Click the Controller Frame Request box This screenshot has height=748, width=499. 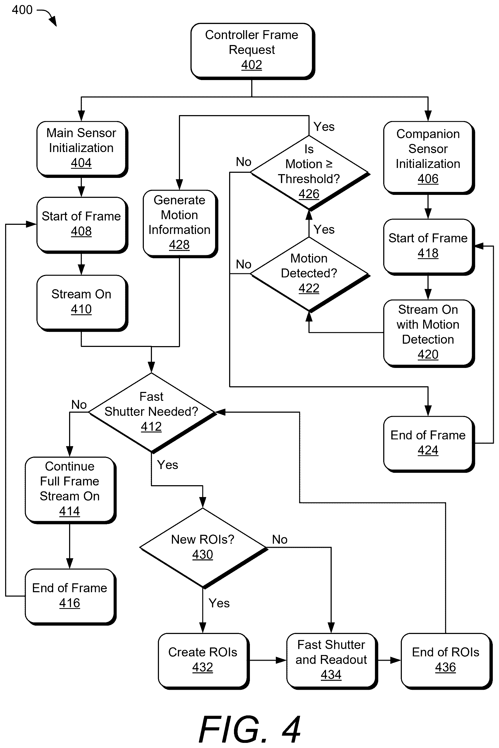pyautogui.click(x=253, y=51)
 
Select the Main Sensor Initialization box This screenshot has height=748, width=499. pyautogui.click(x=82, y=149)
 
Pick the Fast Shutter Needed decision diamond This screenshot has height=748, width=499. pyautogui.click(x=152, y=412)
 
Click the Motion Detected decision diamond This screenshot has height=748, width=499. pyautogui.click(x=310, y=274)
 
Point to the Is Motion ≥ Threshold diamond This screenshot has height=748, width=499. pyautogui.click(x=310, y=173)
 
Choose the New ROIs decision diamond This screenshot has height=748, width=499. pyautogui.click(x=203, y=548)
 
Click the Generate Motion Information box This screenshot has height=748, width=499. pyautogui.click(x=180, y=223)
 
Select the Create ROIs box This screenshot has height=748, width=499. pyautogui.click(x=203, y=661)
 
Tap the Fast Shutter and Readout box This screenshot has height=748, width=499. pyautogui.click(x=332, y=661)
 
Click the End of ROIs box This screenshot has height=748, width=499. pyautogui.click(x=446, y=661)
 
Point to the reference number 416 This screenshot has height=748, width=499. pyautogui.click(x=70, y=603)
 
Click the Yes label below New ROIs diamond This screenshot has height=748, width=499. pyautogui.click(x=219, y=603)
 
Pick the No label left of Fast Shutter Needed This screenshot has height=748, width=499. pyautogui.click(x=79, y=405)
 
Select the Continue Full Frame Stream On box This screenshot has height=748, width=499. pyautogui.click(x=70, y=490)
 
